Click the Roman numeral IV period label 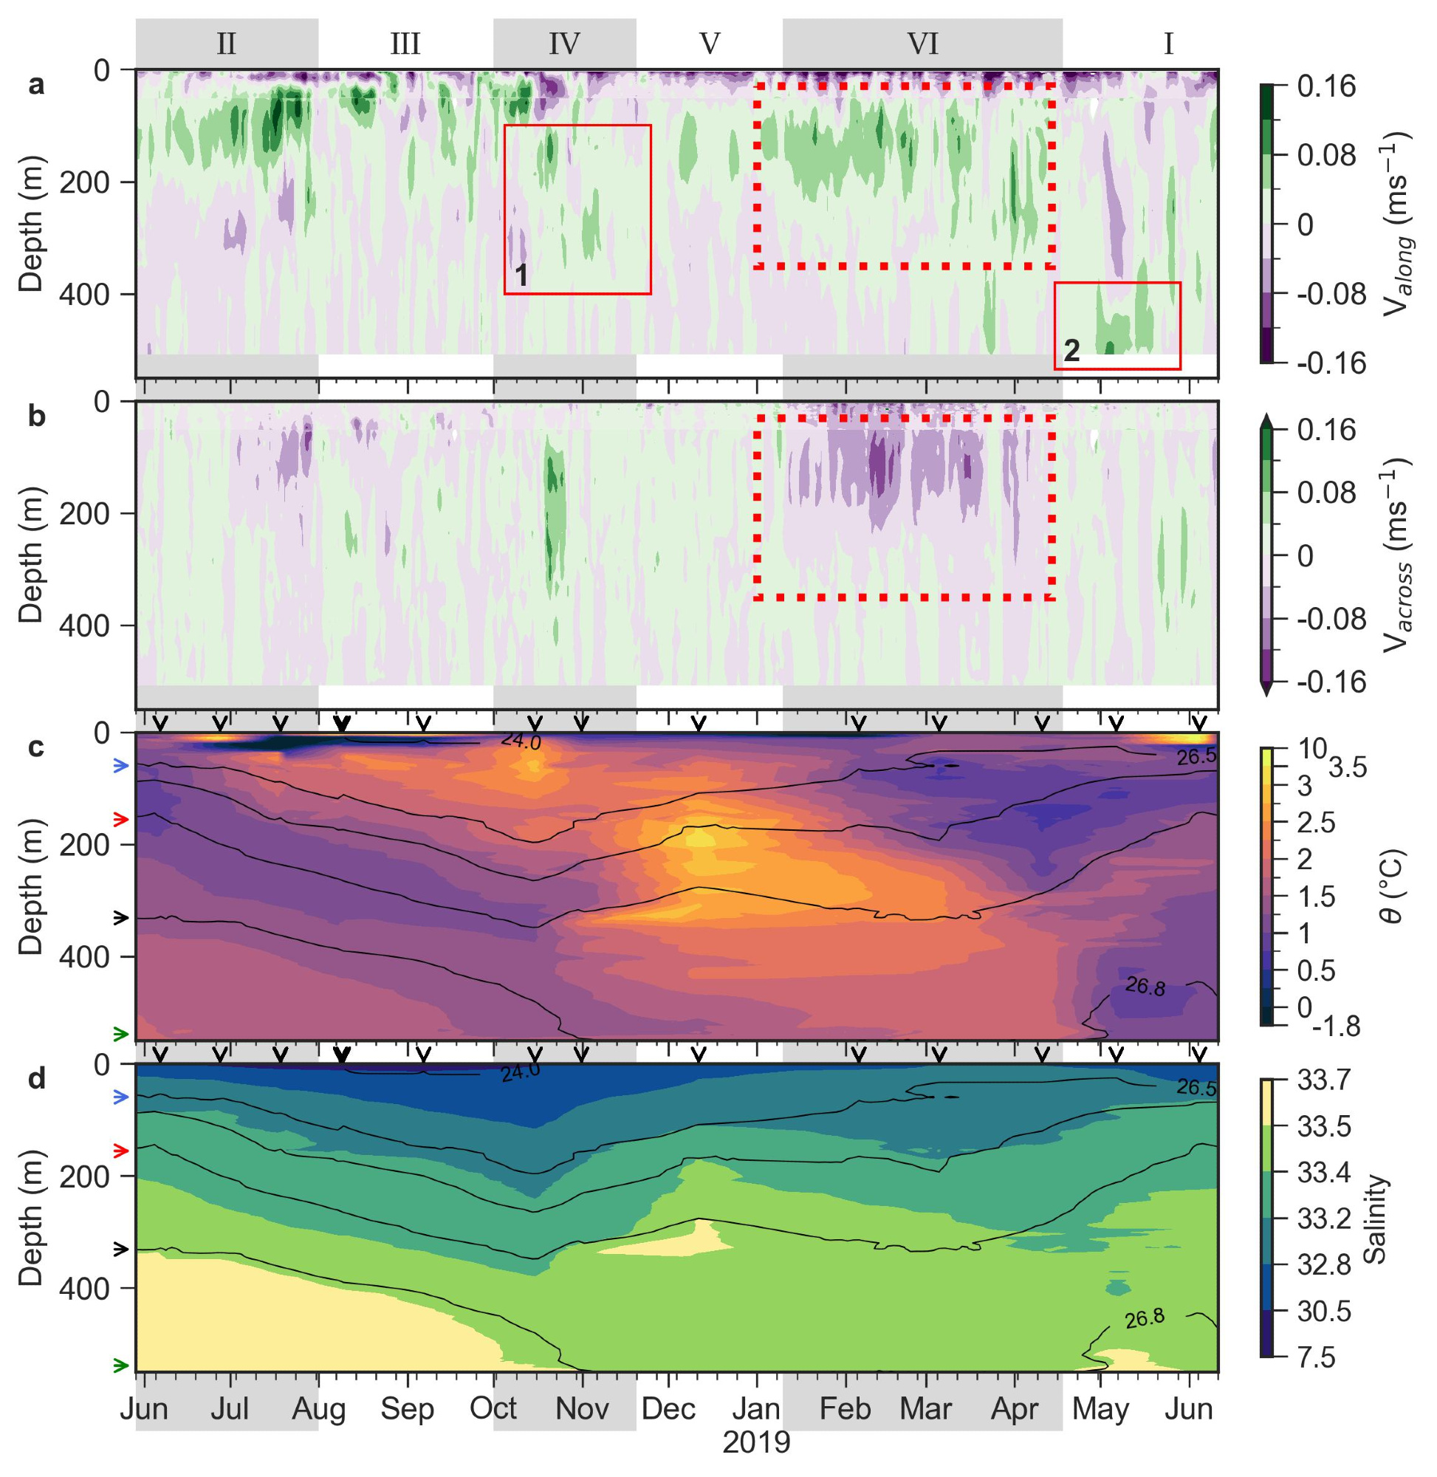[x=563, y=44]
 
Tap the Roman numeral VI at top [x=922, y=44]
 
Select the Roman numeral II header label [x=226, y=44]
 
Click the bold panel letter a [x=36, y=85]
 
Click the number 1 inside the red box [x=521, y=276]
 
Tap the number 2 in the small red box [x=1071, y=350]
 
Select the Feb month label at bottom [x=846, y=1408]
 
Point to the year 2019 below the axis [x=756, y=1442]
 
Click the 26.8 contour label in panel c [x=1145, y=986]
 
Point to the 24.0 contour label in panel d [x=521, y=1074]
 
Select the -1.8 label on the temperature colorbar [x=1337, y=1026]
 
